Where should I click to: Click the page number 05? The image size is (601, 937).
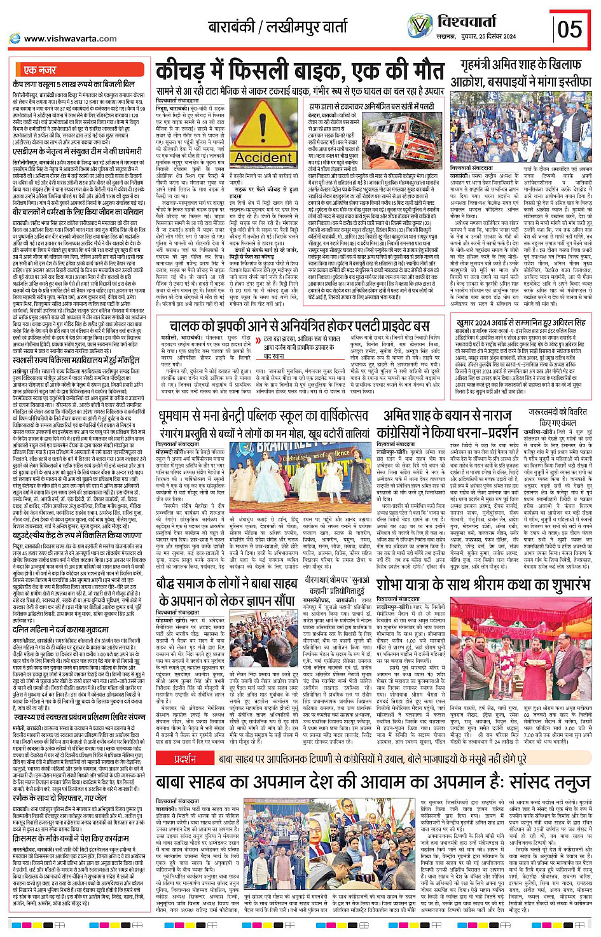[x=570, y=28]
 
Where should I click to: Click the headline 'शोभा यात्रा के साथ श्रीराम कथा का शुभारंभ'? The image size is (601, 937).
[x=483, y=583]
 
